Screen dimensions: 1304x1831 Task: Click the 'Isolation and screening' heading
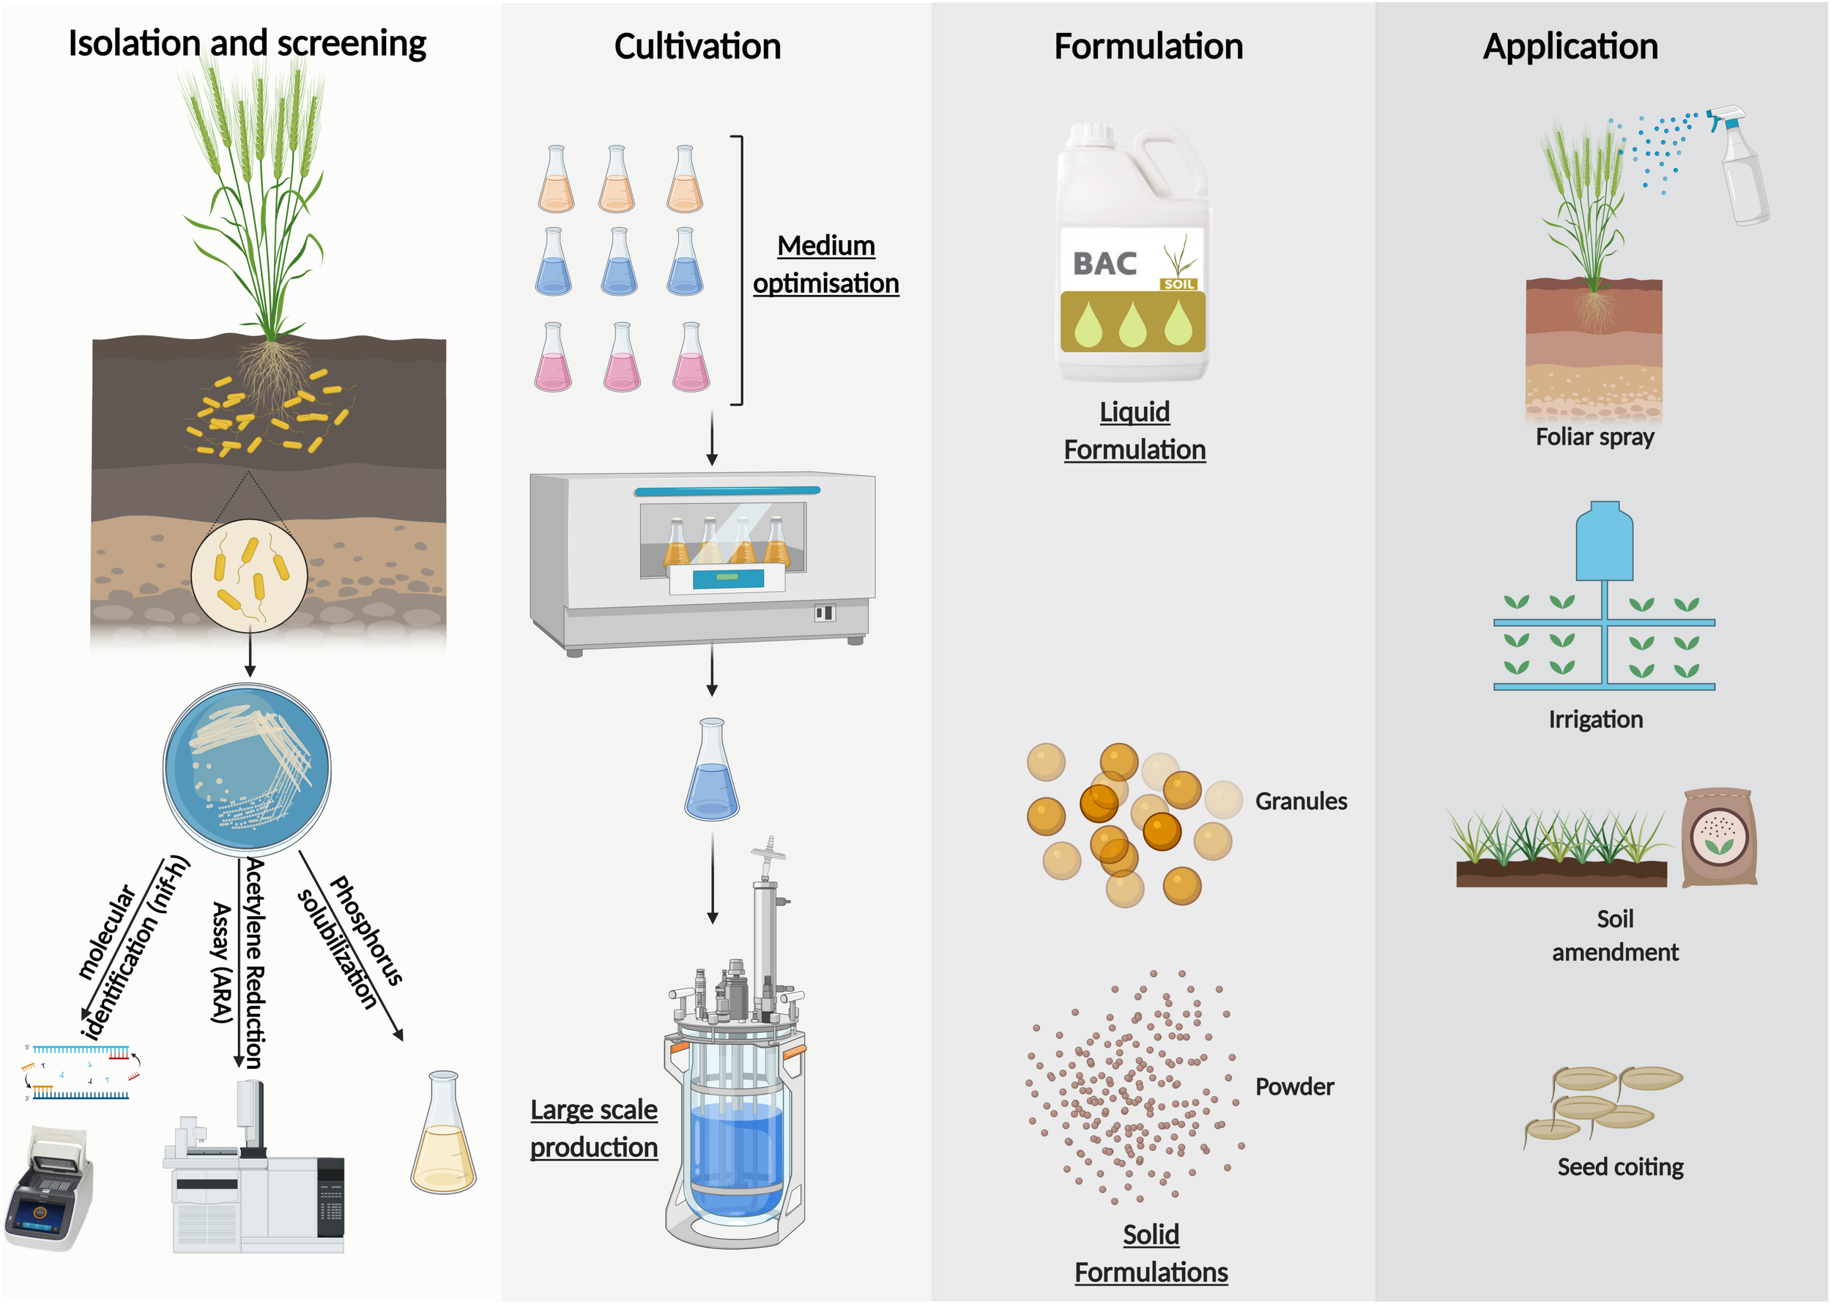247,43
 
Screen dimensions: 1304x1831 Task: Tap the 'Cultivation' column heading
697,47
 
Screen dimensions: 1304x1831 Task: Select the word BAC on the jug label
1105,264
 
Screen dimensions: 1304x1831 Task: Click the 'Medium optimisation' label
825,264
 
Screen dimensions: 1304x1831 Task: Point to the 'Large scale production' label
593,1128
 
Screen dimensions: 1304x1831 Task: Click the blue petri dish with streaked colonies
248,767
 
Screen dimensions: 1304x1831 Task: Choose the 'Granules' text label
1301,801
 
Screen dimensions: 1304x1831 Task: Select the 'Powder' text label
1293,1087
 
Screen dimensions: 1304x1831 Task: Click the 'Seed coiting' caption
1620,1166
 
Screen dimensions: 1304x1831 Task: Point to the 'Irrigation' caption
1596,720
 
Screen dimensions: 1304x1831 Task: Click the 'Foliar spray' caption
1595,437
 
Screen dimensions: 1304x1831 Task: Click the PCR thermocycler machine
50,1188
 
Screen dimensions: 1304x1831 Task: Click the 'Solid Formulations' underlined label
1151,1253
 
